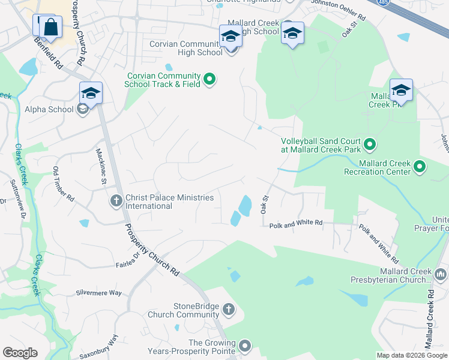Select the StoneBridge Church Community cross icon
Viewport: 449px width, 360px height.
click(x=228, y=310)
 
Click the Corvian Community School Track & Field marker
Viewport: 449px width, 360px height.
click(x=209, y=79)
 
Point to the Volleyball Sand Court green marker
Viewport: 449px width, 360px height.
click(x=370, y=144)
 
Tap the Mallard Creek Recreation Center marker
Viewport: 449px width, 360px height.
click(x=420, y=166)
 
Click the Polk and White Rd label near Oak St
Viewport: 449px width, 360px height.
click(x=296, y=223)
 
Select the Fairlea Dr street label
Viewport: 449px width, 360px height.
click(x=128, y=260)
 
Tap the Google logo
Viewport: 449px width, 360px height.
click(x=20, y=353)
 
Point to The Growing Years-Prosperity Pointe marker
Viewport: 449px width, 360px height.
click(x=244, y=345)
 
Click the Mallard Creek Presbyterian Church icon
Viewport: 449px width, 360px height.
click(x=441, y=275)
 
